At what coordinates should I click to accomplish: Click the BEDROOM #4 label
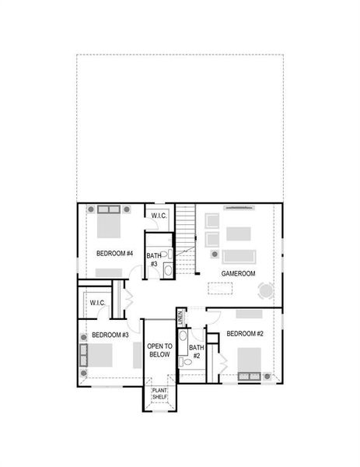[x=115, y=254]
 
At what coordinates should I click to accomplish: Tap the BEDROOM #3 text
[x=110, y=335]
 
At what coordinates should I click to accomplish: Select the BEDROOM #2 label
[x=246, y=334]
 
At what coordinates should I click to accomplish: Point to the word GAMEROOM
[x=238, y=274]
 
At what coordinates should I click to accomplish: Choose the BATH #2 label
[x=196, y=351]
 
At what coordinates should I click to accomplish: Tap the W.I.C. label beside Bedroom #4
[x=159, y=216]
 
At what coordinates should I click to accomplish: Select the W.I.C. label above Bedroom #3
[x=97, y=303]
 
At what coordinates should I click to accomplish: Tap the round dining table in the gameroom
[x=265, y=290]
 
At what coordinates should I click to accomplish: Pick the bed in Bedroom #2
[x=249, y=361]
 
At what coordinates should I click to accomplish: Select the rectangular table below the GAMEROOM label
[x=221, y=288]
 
